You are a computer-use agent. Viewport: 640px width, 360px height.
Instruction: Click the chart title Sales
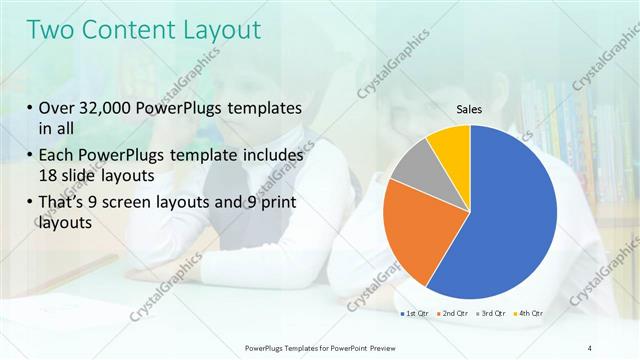tap(470, 109)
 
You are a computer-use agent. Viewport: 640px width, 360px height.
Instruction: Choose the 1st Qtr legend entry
tap(415, 315)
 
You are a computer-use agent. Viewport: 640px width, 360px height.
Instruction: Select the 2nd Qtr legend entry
tap(455, 315)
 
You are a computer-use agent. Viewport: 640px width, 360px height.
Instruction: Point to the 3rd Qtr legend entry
tap(495, 315)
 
